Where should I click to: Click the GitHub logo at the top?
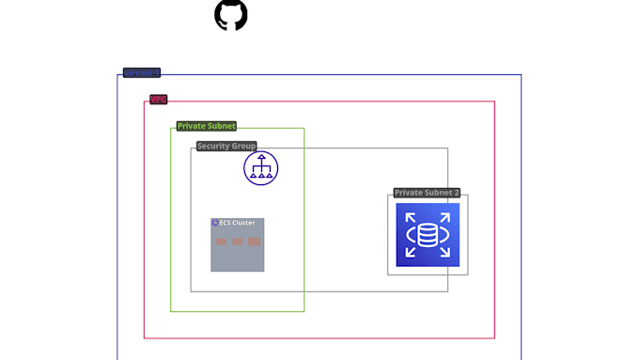(x=231, y=15)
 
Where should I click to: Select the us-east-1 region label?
(x=142, y=72)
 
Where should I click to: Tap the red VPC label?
(x=158, y=100)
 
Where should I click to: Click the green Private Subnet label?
(x=206, y=126)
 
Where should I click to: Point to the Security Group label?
(x=226, y=147)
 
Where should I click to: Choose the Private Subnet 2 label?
(x=427, y=193)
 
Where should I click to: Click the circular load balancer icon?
(x=261, y=168)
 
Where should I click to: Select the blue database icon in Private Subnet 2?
(x=428, y=234)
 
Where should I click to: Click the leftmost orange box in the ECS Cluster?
(x=221, y=242)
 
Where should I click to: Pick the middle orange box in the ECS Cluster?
(x=237, y=242)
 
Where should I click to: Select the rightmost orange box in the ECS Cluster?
(x=254, y=242)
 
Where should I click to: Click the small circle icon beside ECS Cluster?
(x=215, y=223)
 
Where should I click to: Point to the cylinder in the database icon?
(x=428, y=234)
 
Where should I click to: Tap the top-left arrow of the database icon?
(x=411, y=217)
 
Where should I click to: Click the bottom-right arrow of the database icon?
(x=444, y=251)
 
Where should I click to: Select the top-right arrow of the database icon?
(x=444, y=217)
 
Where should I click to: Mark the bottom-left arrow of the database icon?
(x=411, y=251)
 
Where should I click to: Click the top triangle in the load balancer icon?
(x=261, y=157)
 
